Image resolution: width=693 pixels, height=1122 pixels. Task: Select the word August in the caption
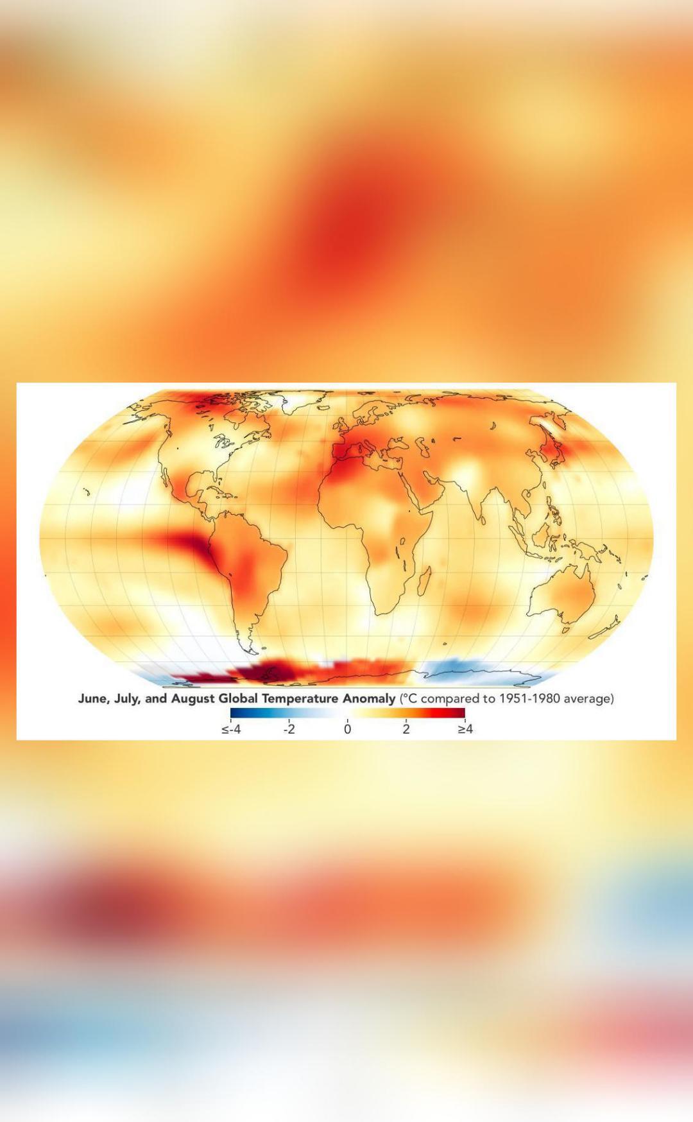pyautogui.click(x=193, y=698)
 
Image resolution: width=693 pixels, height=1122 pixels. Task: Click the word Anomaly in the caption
pyautogui.click(x=369, y=698)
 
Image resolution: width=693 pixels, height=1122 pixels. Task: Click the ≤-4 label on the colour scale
pyautogui.click(x=231, y=729)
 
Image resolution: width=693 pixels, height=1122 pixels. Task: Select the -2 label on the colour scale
pyautogui.click(x=289, y=729)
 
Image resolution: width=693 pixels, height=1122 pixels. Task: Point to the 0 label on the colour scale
pyautogui.click(x=348, y=729)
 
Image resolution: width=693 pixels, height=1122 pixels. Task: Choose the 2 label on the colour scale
pyautogui.click(x=406, y=729)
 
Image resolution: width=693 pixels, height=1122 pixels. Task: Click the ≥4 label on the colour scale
pyautogui.click(x=465, y=729)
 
